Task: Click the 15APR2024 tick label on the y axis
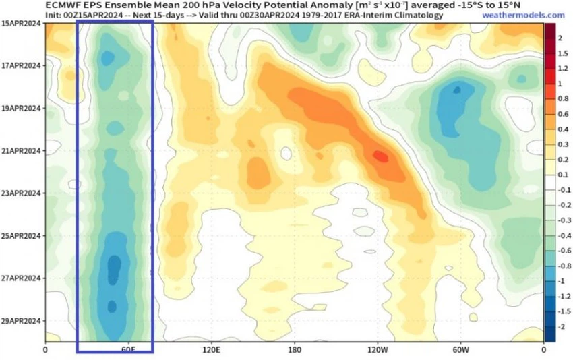21,23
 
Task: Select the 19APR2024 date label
21,108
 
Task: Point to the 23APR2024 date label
21,193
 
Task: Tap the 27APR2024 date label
21,278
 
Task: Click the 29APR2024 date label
21,320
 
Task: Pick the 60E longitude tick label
128,350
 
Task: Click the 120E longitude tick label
211,350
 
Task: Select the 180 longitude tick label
295,350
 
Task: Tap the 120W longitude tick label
378,350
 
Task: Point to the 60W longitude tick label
460,350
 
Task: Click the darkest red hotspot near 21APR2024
380,157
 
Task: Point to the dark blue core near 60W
458,89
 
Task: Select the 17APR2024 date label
21,65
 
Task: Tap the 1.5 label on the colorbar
561,53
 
